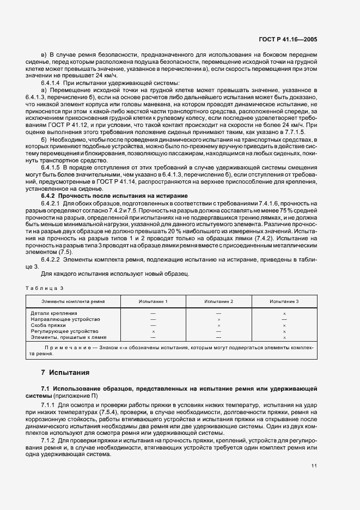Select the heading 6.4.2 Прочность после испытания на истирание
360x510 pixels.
point(114,195)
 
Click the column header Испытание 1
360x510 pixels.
point(153,301)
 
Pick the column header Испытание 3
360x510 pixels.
point(284,301)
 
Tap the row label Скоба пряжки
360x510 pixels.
point(50,325)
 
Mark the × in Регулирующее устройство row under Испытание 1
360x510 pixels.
point(153,331)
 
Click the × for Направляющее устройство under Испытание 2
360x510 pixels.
point(218,319)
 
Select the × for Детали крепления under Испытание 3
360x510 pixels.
point(284,314)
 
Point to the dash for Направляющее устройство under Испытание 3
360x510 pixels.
point(284,319)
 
